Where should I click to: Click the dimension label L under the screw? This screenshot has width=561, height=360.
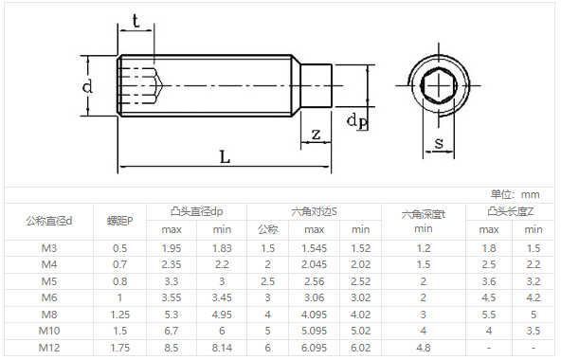225,156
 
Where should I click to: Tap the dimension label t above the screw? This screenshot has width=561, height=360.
136,21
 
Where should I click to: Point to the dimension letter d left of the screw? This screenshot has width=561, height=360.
87,86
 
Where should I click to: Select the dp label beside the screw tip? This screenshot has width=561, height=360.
357,121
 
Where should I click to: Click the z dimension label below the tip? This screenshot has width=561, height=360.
316,135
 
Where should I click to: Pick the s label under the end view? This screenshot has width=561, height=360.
439,143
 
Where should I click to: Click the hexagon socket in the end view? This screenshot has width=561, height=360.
439,86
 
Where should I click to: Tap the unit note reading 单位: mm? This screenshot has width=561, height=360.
515,194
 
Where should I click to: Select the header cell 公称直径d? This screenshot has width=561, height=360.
49,221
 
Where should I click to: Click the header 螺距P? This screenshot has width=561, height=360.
119,221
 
